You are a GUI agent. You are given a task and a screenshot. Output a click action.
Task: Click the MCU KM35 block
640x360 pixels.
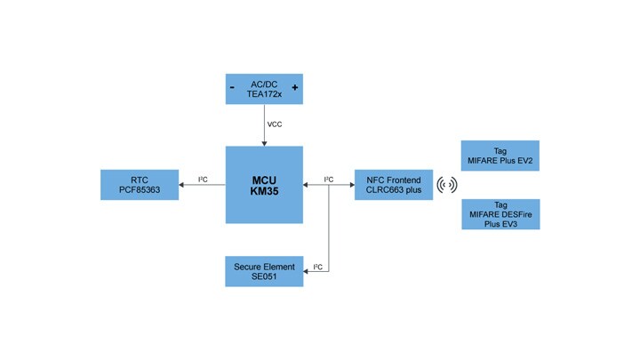(x=264, y=184)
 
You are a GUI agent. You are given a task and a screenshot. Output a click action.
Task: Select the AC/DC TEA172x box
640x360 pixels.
(x=264, y=89)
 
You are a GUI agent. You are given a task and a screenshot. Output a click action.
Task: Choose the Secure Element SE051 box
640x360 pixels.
(x=264, y=271)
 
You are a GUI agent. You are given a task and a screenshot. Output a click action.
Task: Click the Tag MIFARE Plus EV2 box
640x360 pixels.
(x=500, y=156)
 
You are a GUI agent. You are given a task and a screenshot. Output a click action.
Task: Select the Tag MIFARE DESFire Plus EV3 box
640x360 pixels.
(x=500, y=214)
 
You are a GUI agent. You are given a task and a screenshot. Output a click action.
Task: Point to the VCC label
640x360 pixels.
(x=276, y=124)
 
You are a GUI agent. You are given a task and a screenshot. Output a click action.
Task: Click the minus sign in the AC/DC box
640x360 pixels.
(x=232, y=88)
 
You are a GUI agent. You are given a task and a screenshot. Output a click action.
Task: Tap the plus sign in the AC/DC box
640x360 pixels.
(x=294, y=88)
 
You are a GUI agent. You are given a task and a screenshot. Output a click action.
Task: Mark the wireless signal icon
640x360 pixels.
(x=446, y=185)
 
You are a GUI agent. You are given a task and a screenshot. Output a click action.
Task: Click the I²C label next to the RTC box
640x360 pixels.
(x=203, y=180)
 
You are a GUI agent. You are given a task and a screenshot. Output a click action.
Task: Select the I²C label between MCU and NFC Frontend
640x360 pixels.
(x=328, y=180)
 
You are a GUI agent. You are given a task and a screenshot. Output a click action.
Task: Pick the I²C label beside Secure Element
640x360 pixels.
(x=317, y=266)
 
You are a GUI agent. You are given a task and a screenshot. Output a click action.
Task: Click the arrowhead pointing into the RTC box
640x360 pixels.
(x=181, y=185)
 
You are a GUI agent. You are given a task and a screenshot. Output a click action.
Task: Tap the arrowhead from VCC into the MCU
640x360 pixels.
(x=264, y=143)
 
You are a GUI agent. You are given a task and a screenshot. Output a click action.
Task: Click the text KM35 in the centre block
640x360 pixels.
(x=264, y=191)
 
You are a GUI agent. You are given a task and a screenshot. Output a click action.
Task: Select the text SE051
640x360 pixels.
(x=264, y=278)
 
